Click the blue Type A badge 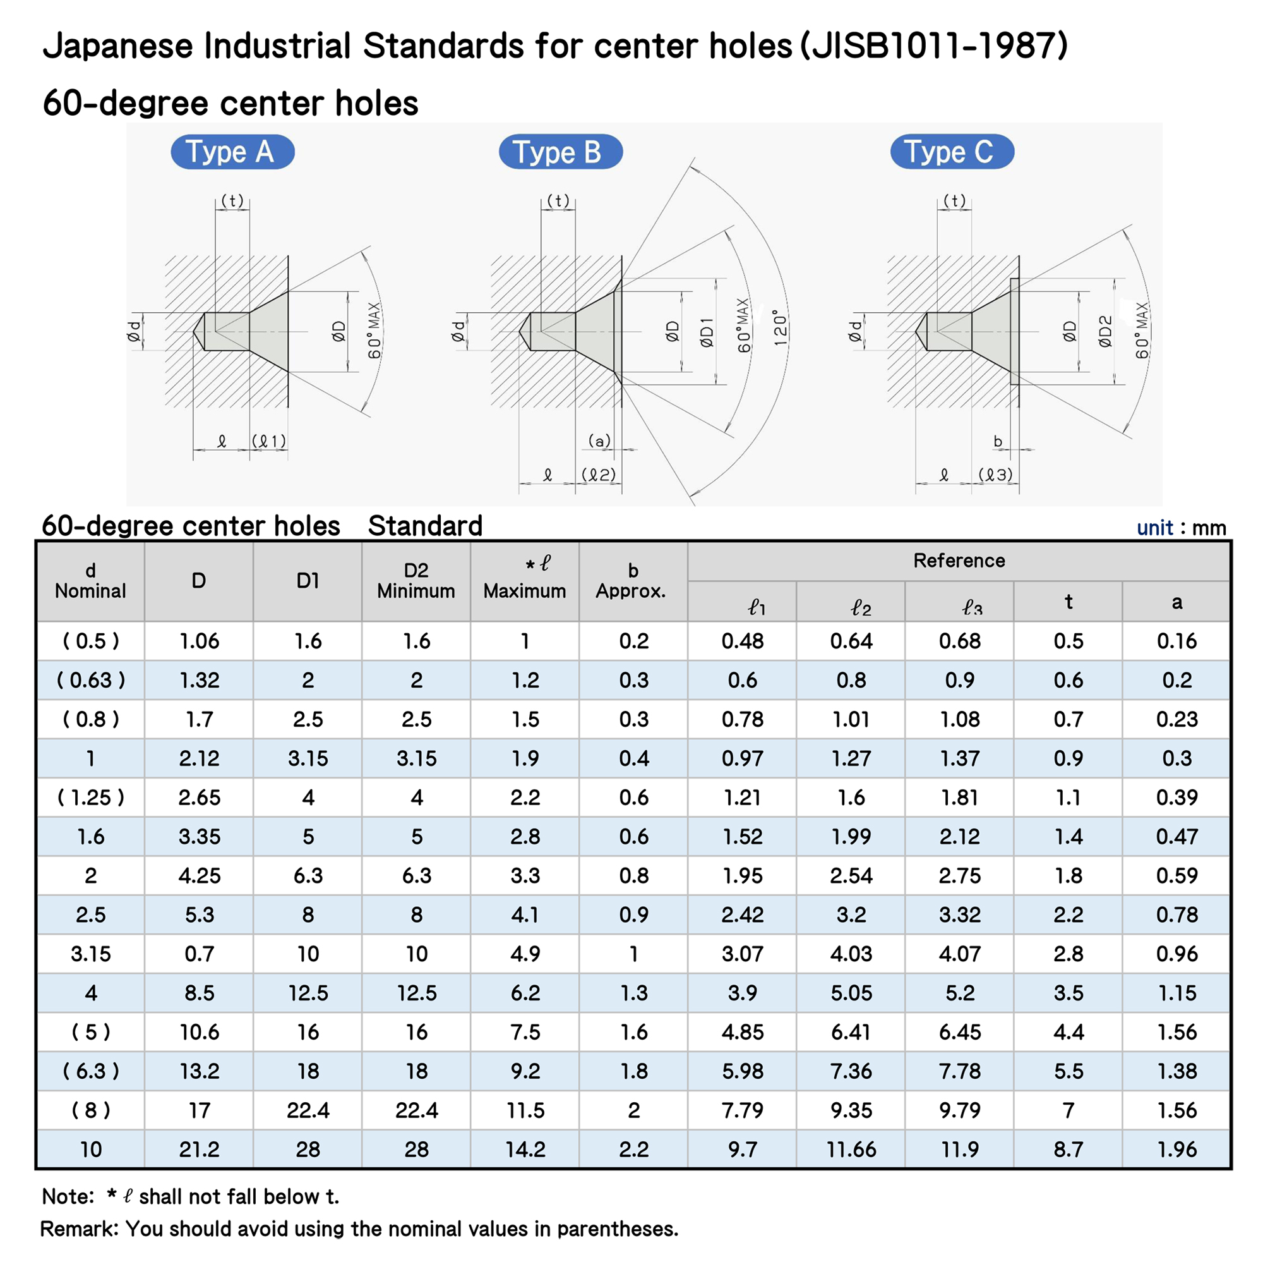tap(232, 152)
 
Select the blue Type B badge tap(560, 152)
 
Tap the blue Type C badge tap(952, 152)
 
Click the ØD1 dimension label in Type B tap(707, 332)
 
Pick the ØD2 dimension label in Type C tap(1106, 332)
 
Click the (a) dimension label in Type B tap(599, 440)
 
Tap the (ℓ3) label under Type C tap(995, 474)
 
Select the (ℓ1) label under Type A tap(269, 440)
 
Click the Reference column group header tap(959, 561)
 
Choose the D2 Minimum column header tap(416, 581)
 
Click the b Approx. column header tap(633, 581)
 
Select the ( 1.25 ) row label tap(90, 798)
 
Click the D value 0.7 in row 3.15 tap(199, 954)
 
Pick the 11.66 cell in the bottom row tap(851, 1150)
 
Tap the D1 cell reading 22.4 tap(308, 1110)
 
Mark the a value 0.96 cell tap(1176, 954)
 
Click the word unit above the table tap(1154, 528)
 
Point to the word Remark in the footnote tap(78, 1229)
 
